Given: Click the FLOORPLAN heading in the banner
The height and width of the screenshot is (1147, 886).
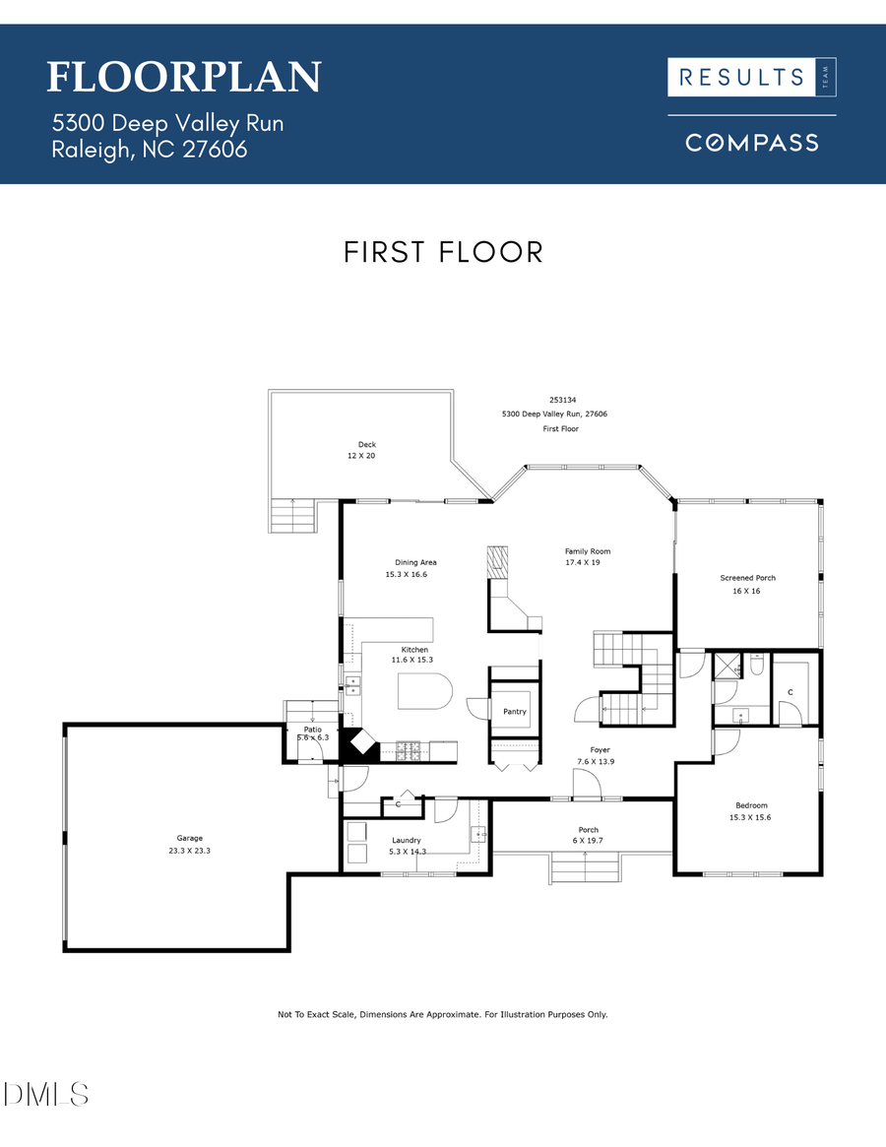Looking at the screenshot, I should (184, 77).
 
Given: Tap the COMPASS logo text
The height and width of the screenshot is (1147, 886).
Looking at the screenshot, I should (752, 143).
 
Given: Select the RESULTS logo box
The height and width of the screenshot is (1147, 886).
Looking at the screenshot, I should (752, 78).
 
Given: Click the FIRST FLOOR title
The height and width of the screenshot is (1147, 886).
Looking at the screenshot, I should (443, 252).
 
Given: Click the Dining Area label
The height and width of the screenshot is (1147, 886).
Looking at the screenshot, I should (410, 568).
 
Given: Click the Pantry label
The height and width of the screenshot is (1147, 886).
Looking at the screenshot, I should (515, 711).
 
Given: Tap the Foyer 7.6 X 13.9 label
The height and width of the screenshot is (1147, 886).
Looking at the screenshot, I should (601, 756).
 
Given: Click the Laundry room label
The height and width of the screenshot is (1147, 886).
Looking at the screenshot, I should (406, 846).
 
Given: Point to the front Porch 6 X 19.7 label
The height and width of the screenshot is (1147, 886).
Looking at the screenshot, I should (589, 835).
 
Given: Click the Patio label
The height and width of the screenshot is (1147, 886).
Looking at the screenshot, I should (313, 733).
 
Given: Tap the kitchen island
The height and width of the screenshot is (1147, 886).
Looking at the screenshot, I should (423, 692).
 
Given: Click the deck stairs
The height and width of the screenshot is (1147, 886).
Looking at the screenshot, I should (293, 516).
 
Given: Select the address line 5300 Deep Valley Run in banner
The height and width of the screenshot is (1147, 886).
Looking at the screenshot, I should (167, 123).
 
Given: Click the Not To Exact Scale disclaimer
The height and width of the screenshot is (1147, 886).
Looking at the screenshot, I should (443, 1014).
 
